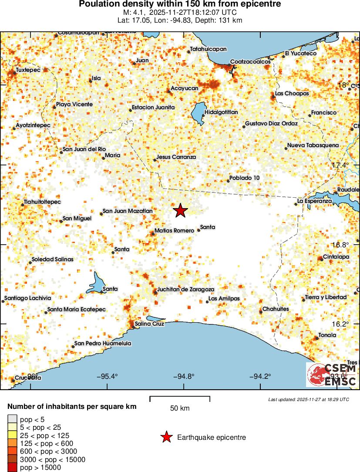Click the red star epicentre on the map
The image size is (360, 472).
click(x=181, y=210)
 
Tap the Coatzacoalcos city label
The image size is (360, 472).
click(x=250, y=61)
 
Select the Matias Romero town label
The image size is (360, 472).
click(x=174, y=230)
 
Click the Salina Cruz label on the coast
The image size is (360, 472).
click(x=149, y=324)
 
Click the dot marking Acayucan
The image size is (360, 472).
click(x=169, y=91)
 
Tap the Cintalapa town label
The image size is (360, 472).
click(x=336, y=257)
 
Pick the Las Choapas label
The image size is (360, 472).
click(x=292, y=94)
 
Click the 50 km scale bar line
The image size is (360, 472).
click(x=180, y=397)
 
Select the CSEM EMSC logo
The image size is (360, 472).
click(x=332, y=374)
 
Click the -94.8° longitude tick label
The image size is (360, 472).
click(x=183, y=377)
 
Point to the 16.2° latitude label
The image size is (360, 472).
click(x=340, y=324)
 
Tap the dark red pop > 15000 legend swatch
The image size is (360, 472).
click(x=12, y=468)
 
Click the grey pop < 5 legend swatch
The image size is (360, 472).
click(x=12, y=420)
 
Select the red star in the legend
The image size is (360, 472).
click(x=166, y=437)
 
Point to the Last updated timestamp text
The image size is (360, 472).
click(x=308, y=399)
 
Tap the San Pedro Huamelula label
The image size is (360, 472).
click(x=103, y=344)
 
